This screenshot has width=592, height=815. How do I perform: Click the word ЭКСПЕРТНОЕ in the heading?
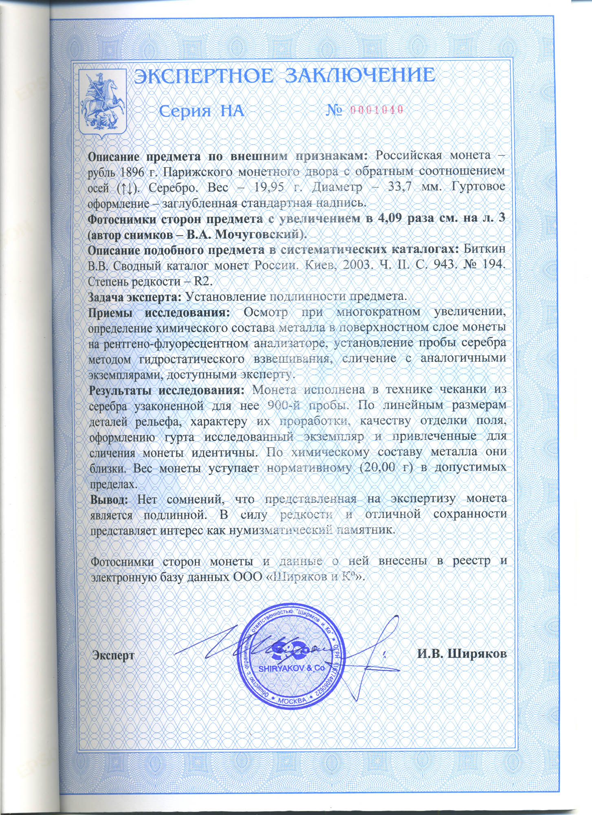point(202,76)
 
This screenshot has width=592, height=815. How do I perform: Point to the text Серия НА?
point(201,110)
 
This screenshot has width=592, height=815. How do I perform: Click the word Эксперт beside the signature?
point(113,655)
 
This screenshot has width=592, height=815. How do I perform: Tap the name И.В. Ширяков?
point(462,654)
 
